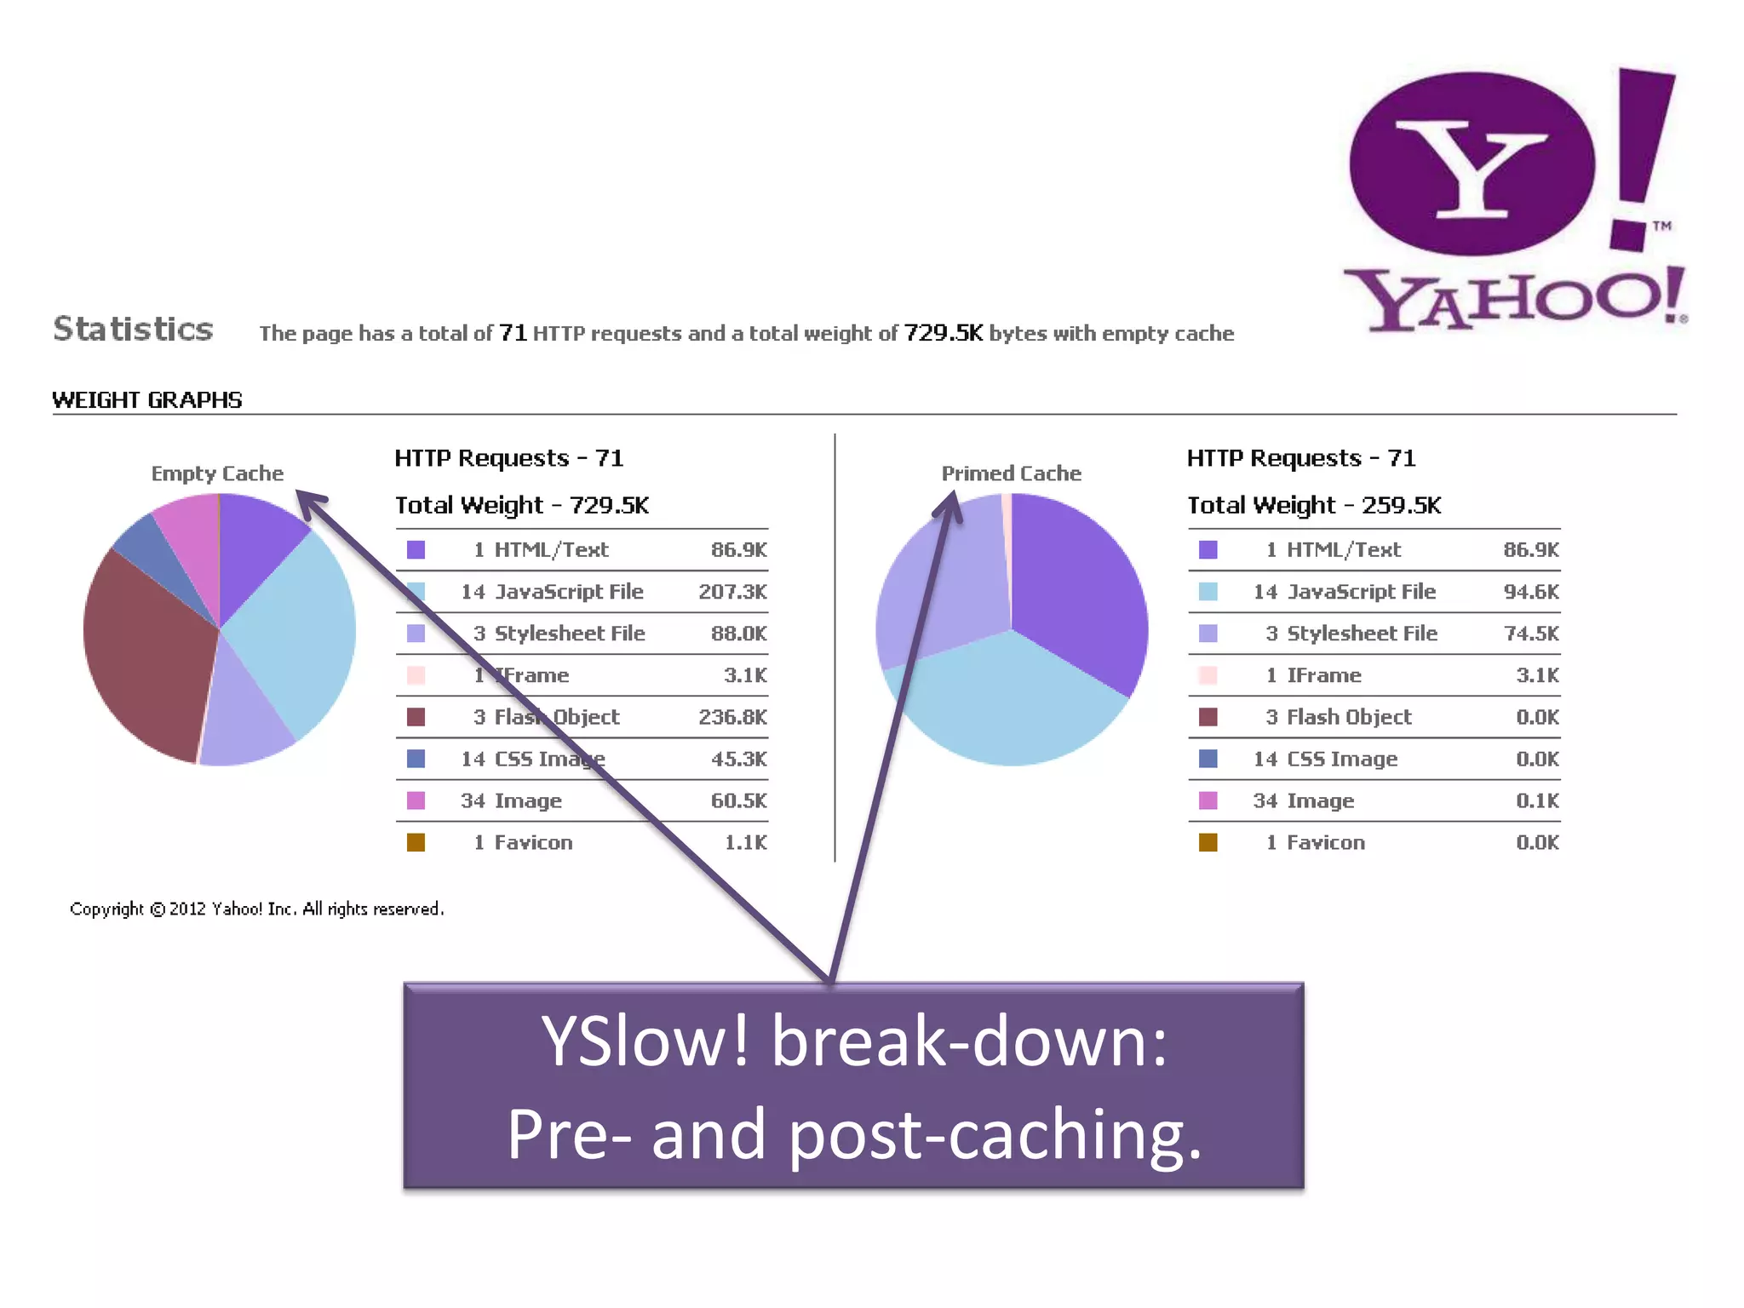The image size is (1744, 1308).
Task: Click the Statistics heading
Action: pos(133,329)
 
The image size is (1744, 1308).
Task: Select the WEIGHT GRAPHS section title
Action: pos(147,399)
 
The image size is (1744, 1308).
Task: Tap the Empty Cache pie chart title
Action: pos(217,473)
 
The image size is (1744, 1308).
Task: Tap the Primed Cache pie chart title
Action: pos(1011,473)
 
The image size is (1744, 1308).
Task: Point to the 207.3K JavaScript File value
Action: pos(732,591)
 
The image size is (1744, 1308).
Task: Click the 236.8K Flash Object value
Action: pos(732,717)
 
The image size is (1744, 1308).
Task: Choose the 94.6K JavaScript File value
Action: pos(1530,591)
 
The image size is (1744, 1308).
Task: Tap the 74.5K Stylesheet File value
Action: pos(1530,633)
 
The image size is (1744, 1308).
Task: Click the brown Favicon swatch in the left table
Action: pos(416,842)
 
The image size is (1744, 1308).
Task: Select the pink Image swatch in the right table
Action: pos(1208,800)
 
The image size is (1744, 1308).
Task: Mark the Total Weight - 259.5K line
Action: pos(1314,505)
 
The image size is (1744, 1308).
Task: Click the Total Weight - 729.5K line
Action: pos(522,505)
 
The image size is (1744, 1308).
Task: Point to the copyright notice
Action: pos(256,909)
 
